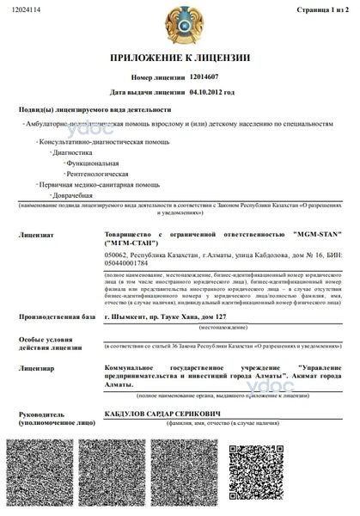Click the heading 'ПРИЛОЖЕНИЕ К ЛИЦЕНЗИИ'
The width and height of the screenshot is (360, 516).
point(180,58)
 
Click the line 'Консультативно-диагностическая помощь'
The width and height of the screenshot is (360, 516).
point(91,138)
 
